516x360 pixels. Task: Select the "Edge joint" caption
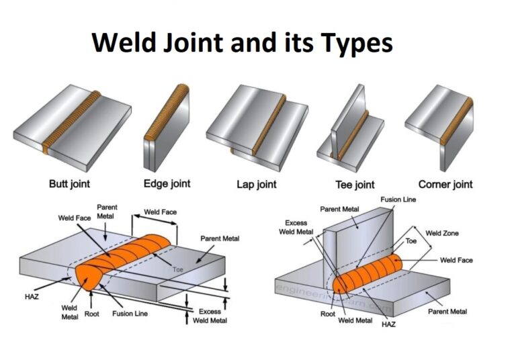167,183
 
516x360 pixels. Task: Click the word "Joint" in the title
190,43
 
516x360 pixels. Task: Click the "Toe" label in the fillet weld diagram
411,240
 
